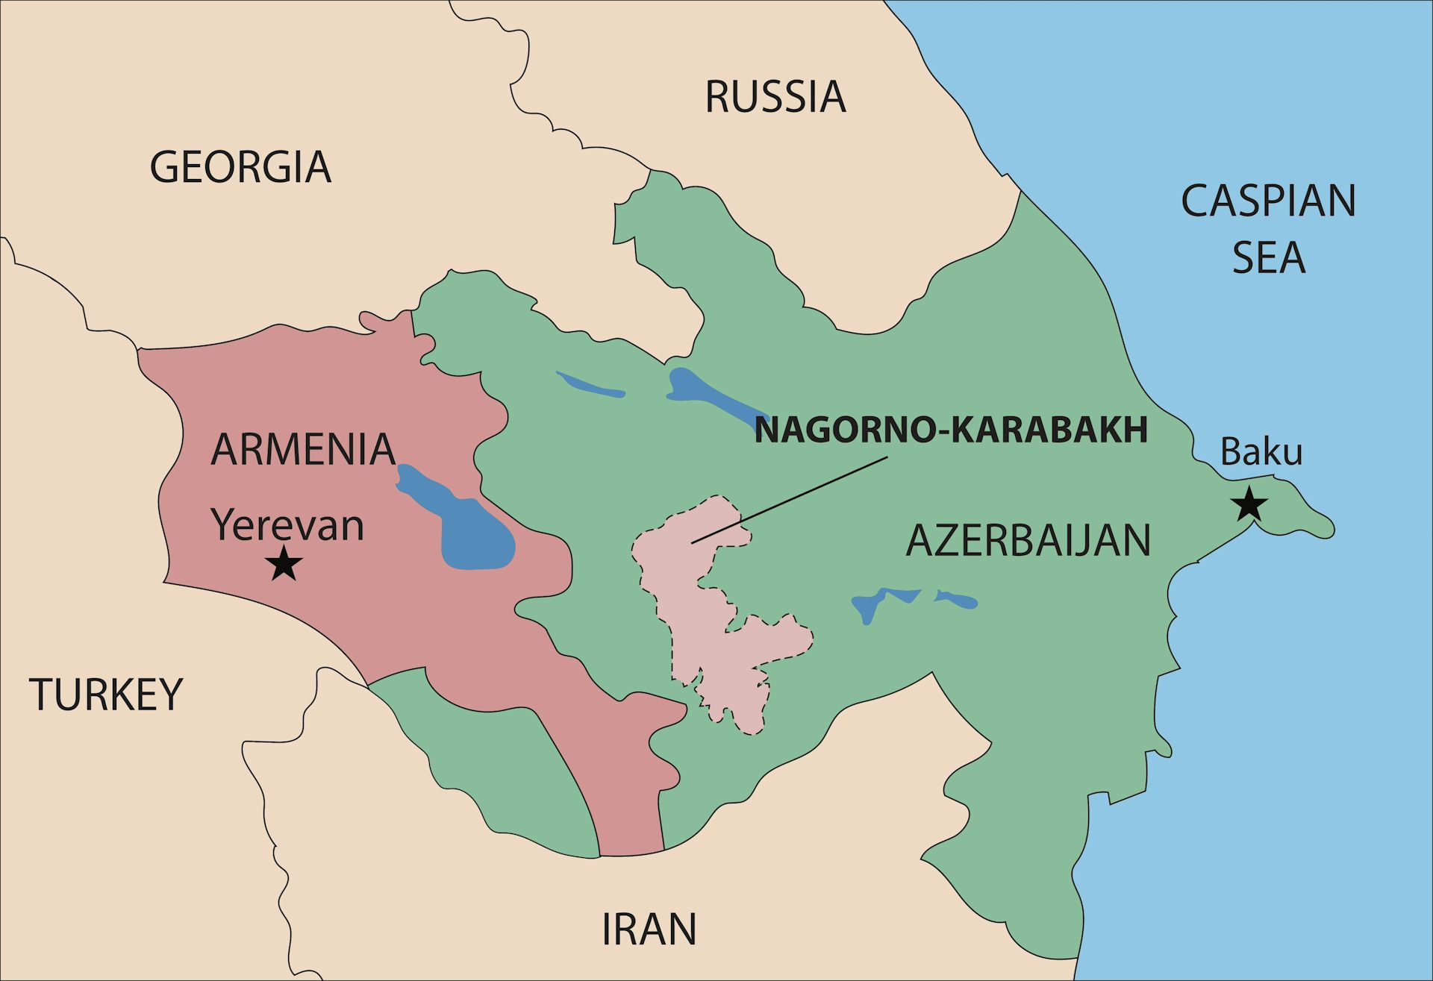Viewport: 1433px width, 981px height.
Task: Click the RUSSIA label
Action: click(775, 97)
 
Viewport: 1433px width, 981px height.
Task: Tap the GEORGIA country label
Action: click(240, 166)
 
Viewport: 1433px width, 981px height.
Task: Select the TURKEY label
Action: click(106, 695)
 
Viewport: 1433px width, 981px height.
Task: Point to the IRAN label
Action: click(649, 929)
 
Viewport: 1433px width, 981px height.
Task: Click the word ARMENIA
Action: click(302, 449)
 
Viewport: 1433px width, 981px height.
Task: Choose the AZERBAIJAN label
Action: click(1028, 541)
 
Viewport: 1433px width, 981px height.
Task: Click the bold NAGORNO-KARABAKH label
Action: click(950, 430)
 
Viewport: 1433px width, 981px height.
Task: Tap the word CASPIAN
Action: click(1268, 201)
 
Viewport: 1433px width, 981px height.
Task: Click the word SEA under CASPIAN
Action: click(1268, 257)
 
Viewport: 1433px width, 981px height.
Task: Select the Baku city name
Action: click(1261, 452)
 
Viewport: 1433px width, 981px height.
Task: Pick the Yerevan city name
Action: click(287, 524)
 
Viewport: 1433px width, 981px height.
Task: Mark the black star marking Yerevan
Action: click(284, 563)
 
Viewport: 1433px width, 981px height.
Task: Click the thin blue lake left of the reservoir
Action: click(590, 385)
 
